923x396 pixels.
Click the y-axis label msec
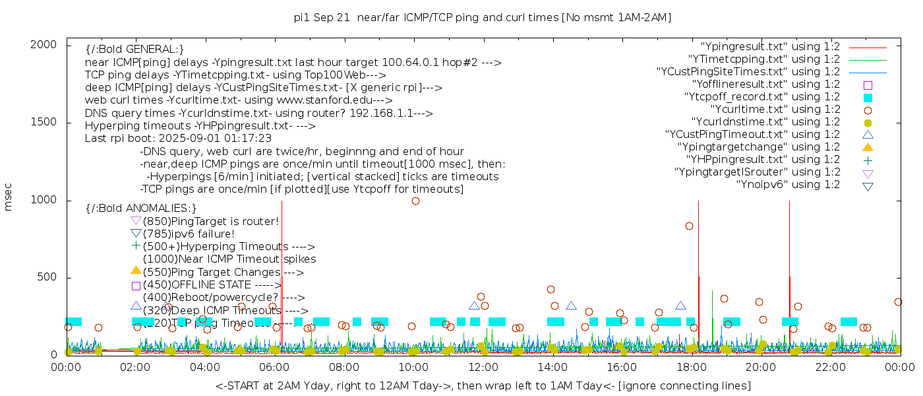pos(9,197)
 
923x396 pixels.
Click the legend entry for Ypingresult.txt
pos(771,47)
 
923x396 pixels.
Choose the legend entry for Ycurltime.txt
pos(775,109)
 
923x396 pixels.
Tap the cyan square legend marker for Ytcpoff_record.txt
pos(868,97)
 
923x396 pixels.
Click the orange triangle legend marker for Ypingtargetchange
pos(868,147)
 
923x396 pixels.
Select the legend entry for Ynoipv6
pos(788,184)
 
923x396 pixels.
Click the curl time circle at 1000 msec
pos(415,201)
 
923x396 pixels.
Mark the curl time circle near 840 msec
pos(689,226)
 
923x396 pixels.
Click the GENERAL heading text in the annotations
pos(134,49)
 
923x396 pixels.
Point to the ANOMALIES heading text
pos(141,209)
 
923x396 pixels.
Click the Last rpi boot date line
pos(178,139)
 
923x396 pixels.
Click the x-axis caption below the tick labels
pos(483,385)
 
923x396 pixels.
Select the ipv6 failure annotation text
pos(189,234)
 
